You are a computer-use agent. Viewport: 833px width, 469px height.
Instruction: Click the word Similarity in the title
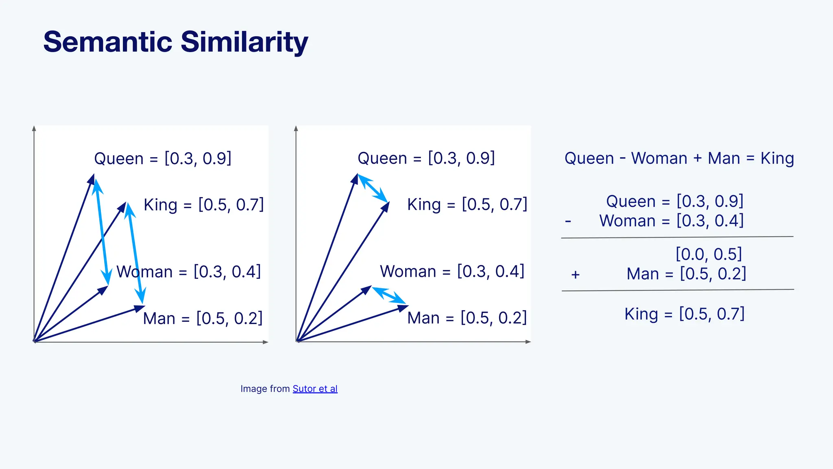pyautogui.click(x=244, y=42)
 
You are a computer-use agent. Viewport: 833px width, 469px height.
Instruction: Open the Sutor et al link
pyautogui.click(x=315, y=389)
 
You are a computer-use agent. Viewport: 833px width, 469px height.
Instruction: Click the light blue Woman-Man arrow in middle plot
pyautogui.click(x=389, y=296)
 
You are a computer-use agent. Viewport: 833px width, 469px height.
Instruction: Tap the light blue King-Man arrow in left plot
pyautogui.click(x=135, y=253)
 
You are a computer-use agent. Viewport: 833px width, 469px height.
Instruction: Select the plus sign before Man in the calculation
pyautogui.click(x=575, y=275)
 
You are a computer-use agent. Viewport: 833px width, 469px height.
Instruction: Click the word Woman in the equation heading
pyautogui.click(x=659, y=158)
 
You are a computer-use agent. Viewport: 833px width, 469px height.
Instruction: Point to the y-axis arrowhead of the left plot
pyautogui.click(x=34, y=128)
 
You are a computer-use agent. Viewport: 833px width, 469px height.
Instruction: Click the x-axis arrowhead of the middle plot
pyautogui.click(x=528, y=342)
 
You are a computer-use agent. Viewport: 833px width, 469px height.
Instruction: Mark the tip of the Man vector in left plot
pyautogui.click(x=143, y=307)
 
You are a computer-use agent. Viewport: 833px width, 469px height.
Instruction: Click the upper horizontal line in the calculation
pyautogui.click(x=677, y=237)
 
